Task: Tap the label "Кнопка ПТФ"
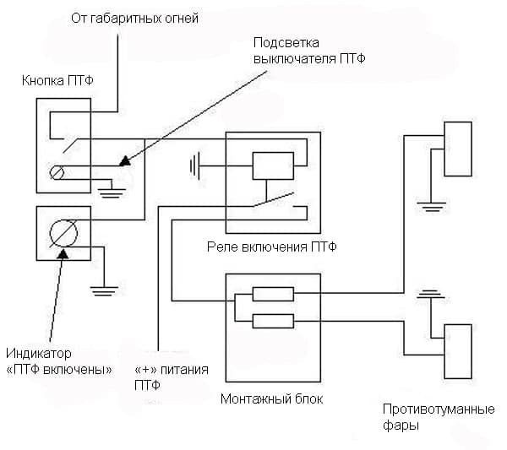point(58,81)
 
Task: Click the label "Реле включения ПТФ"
point(271,247)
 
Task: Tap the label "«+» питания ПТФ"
point(172,377)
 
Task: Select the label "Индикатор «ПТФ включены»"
point(58,360)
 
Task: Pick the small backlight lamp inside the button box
point(57,173)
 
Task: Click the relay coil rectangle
point(273,165)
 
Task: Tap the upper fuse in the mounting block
point(273,295)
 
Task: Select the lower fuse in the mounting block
point(273,321)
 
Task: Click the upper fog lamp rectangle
point(458,149)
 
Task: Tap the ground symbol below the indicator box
point(103,291)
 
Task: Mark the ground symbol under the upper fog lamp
point(432,205)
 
